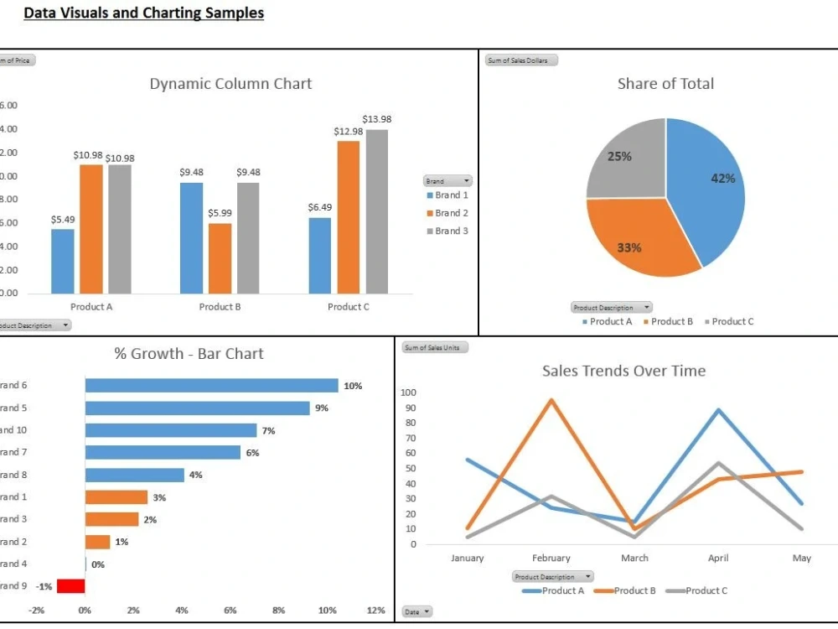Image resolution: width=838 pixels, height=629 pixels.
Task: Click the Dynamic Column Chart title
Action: point(230,84)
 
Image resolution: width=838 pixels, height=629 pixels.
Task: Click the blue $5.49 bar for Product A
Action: point(63,261)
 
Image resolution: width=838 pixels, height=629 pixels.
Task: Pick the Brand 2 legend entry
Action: point(447,213)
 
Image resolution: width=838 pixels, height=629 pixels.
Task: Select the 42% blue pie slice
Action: point(708,193)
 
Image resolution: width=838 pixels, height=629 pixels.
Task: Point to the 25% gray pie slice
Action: point(624,159)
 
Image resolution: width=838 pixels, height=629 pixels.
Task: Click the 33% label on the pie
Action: point(629,247)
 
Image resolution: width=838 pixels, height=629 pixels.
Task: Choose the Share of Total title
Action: point(665,84)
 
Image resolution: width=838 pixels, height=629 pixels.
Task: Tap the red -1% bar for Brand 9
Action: point(70,586)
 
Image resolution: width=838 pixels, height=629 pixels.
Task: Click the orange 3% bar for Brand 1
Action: point(116,497)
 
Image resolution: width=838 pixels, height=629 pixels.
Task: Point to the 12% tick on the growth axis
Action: point(376,611)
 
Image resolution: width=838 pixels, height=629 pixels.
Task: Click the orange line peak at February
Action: point(551,400)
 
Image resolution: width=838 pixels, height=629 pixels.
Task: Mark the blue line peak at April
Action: point(718,410)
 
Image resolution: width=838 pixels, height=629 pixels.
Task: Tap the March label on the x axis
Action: point(634,559)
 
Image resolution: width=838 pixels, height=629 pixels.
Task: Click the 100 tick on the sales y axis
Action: point(408,392)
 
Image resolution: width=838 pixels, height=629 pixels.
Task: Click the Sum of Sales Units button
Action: point(435,347)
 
